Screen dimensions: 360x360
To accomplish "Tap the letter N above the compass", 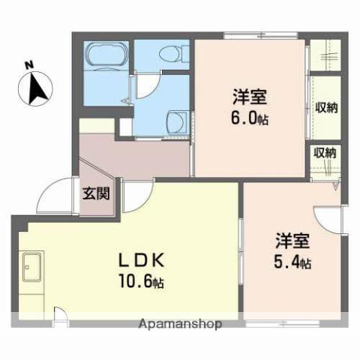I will [x=28, y=65].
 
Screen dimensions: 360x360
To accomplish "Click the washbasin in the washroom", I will [x=177, y=119].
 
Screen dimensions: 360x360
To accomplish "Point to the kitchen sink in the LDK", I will [x=32, y=267].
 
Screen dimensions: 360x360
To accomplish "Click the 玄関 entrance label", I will [x=96, y=194].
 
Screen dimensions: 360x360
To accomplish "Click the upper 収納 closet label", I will [x=326, y=107].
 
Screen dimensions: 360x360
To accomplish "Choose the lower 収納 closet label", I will [x=325, y=152].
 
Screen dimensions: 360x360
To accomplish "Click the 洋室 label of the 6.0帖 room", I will [x=249, y=96].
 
